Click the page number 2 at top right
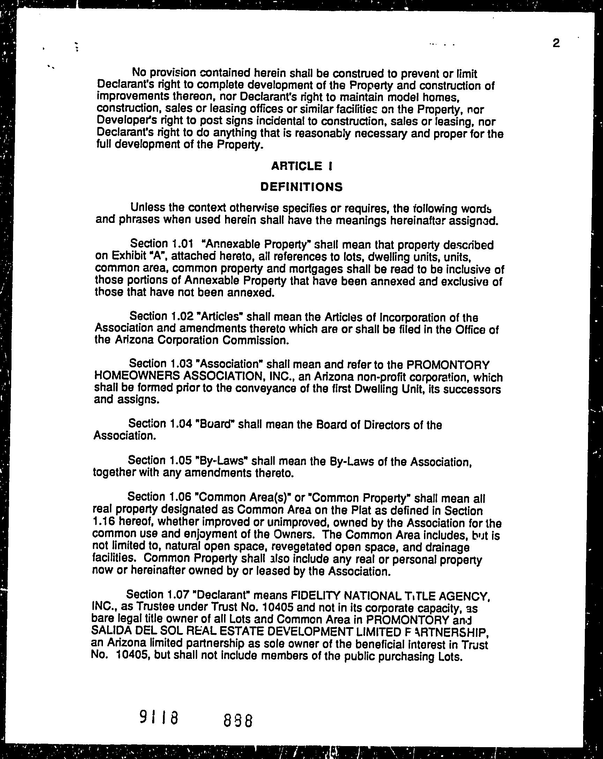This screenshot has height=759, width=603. click(x=556, y=43)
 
